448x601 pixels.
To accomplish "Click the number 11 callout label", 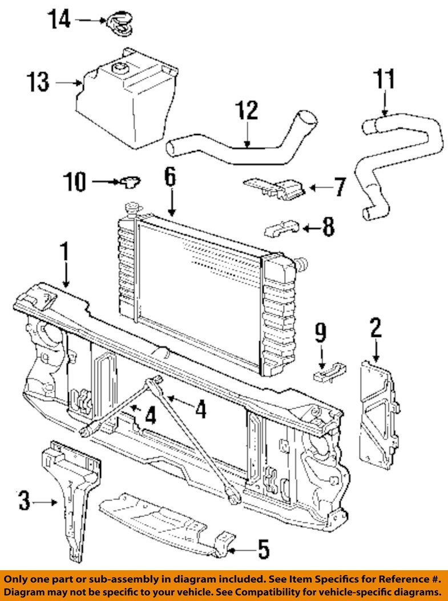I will click(384, 79).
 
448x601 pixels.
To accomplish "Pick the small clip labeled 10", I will click(131, 182).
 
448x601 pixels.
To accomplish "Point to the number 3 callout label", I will click(23, 501).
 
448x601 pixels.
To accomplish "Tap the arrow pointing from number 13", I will click(70, 83).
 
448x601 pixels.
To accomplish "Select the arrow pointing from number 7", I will click(320, 187).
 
